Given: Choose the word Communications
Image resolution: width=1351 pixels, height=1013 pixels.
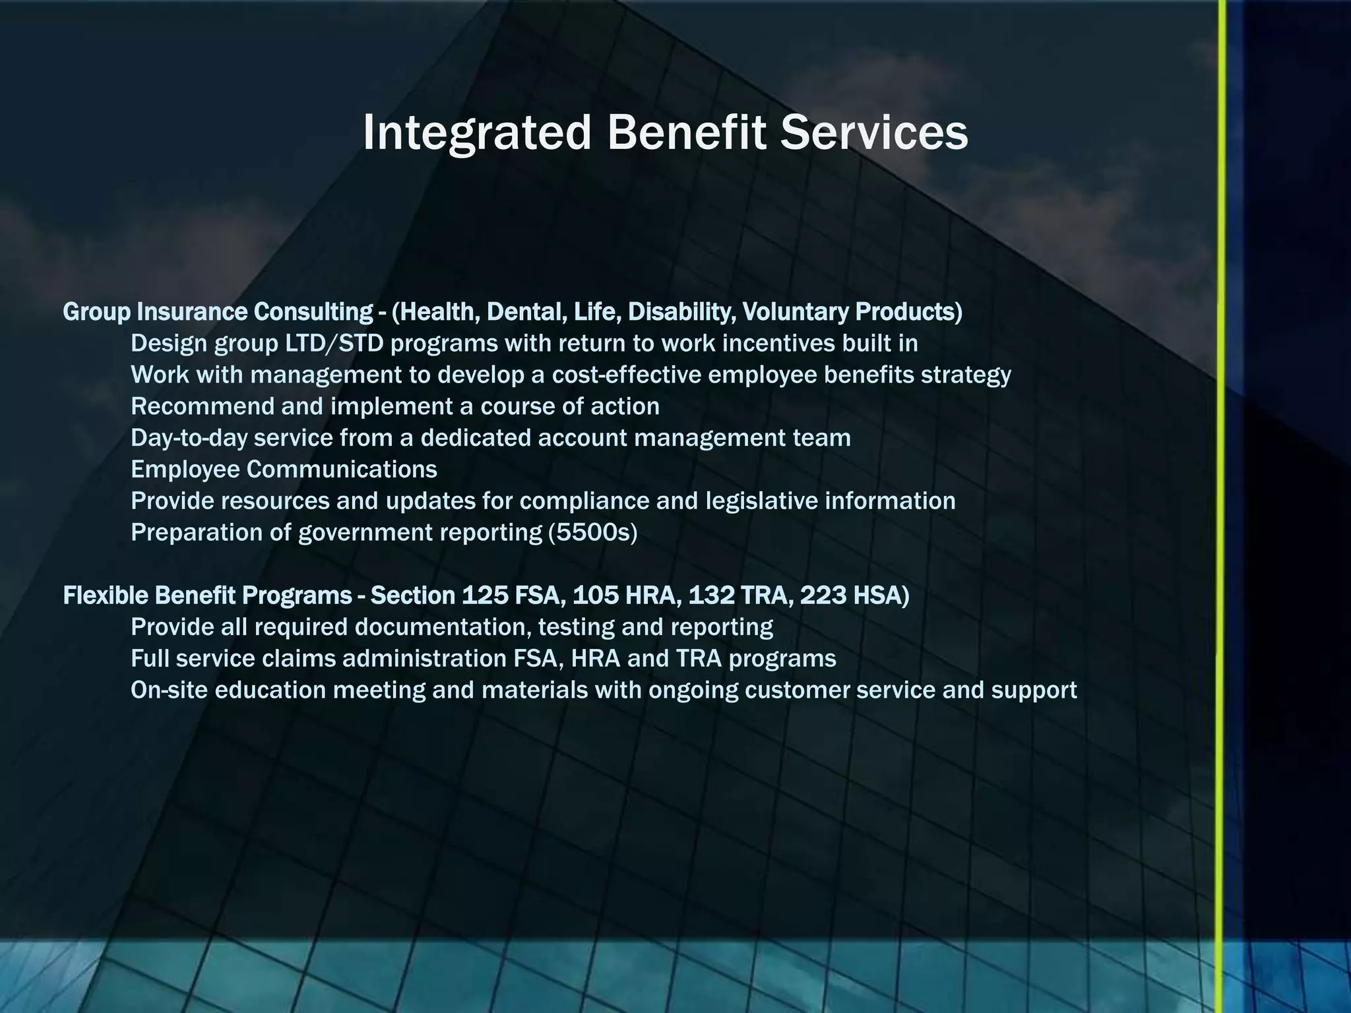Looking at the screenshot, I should point(342,470).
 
